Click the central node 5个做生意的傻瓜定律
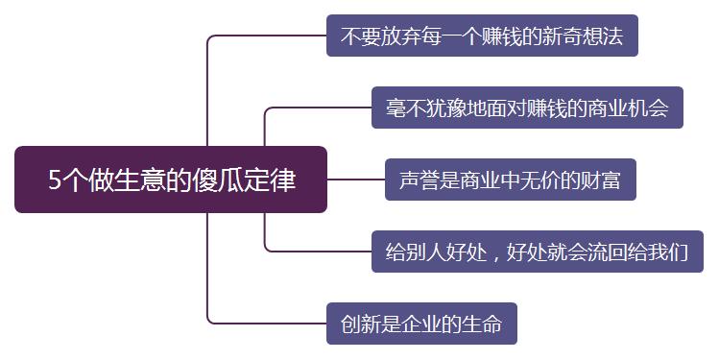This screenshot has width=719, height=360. click(x=172, y=180)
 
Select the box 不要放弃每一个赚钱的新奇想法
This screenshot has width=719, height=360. click(x=482, y=36)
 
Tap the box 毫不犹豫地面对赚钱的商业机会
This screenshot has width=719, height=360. click(x=527, y=108)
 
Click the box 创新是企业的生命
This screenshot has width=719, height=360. click(x=421, y=323)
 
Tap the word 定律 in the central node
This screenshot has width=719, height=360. click(x=273, y=180)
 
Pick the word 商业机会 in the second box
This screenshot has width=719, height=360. click(x=629, y=108)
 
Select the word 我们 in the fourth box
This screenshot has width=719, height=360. click(x=668, y=252)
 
